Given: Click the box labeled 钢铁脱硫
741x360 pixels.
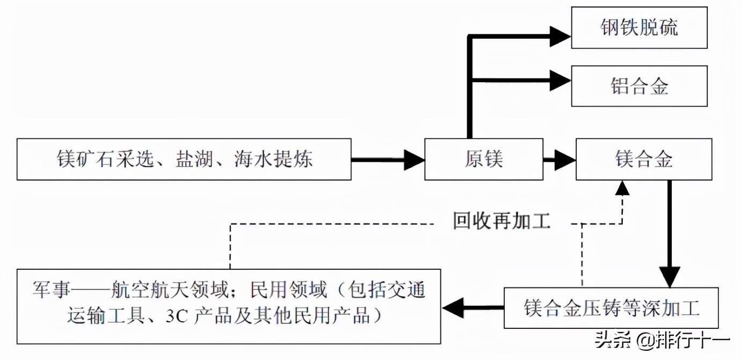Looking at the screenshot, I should (639, 27).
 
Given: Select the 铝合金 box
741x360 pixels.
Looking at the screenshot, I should (639, 86).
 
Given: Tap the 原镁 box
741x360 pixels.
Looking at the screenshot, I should (483, 160).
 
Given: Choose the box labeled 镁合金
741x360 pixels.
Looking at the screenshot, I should (644, 160).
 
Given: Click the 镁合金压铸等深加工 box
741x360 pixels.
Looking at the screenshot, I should (611, 308).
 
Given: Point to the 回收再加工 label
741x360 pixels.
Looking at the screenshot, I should (502, 221).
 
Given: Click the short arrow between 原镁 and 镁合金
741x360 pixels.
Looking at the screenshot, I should (559, 160).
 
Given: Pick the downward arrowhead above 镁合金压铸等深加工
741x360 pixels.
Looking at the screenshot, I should (669, 276).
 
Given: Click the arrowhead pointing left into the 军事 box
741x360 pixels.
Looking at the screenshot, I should (454, 308).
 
